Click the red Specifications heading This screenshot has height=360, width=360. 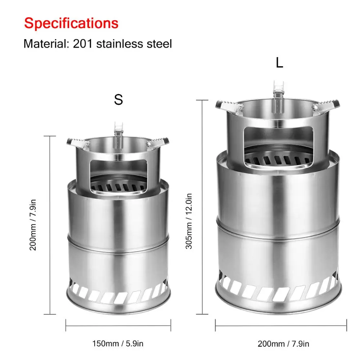pyautogui.click(x=71, y=23)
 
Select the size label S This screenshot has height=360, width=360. pyautogui.click(x=118, y=100)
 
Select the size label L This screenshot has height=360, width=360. pyautogui.click(x=279, y=63)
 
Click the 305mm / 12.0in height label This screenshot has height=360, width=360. pyautogui.click(x=189, y=221)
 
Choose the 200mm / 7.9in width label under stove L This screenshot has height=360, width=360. pyautogui.click(x=283, y=343)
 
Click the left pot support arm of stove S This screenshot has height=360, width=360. pyautogui.click(x=77, y=143)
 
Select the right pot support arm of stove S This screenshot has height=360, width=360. pyautogui.click(x=158, y=141)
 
